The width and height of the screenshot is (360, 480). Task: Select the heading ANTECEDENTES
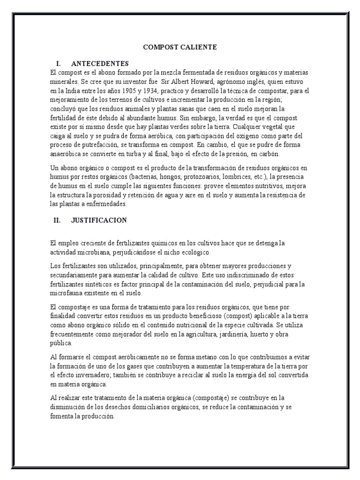pyautogui.click(x=100, y=63)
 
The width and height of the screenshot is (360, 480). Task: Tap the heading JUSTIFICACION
pyautogui.click(x=99, y=220)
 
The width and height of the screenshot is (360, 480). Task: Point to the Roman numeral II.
pyautogui.click(x=58, y=220)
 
